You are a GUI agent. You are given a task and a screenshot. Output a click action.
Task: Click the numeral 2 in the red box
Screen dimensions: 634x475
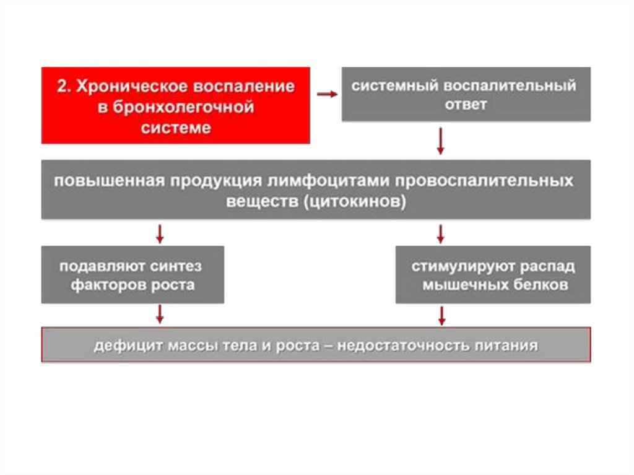61,86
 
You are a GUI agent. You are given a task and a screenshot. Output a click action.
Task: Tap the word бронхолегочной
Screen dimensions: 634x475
183,107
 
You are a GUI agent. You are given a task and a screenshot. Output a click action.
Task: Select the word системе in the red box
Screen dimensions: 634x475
176,128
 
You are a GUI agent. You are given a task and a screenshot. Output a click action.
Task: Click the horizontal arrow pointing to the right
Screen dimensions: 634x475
327,94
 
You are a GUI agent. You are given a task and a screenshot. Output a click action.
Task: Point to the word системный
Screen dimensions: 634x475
395,86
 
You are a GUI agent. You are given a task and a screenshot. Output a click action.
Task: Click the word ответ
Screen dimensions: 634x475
466,105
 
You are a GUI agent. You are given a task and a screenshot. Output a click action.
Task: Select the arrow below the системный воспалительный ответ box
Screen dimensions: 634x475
441,141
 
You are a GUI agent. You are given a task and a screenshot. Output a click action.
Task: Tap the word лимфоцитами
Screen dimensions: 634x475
330,180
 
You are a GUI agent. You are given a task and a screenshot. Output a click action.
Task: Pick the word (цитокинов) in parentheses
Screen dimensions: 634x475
355,201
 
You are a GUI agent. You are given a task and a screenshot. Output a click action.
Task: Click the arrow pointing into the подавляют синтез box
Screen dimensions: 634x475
160,234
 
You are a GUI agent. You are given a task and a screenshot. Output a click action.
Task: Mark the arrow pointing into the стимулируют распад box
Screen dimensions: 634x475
441,234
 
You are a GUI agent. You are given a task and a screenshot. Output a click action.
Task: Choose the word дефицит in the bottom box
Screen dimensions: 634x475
127,346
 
